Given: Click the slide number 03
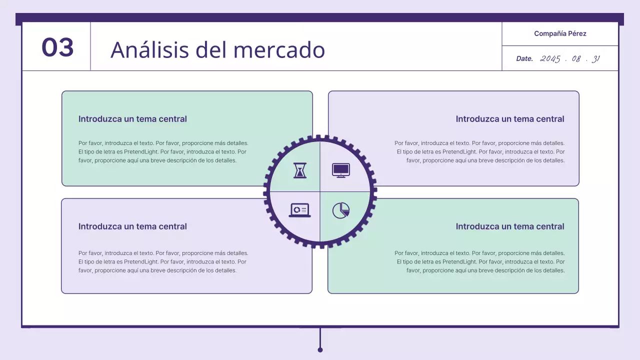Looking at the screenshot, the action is pos(57,47).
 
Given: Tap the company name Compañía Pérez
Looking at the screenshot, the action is pos(560,33).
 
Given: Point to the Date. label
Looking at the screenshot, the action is pos(524,58).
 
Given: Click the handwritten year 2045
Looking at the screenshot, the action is pos(550,58).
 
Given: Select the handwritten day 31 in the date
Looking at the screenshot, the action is pos(595,58).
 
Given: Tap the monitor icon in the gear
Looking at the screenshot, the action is pos(341,170).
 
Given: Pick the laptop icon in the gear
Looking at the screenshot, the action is pos(299,210).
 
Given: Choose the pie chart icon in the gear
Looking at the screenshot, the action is pos(341,210).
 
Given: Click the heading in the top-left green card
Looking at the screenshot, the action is pos(132,119).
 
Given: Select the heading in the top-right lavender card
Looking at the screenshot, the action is pos(510,119).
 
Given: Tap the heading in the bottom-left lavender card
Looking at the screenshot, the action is pos(132,226).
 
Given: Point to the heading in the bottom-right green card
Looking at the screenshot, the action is pos(510,226).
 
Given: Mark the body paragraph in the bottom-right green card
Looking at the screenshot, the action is pos(480,261).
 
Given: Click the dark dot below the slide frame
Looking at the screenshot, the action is pos(320,349).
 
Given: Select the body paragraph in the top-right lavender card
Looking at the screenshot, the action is pos(480,151).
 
